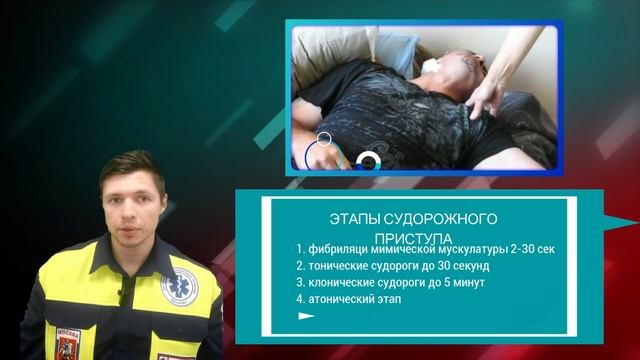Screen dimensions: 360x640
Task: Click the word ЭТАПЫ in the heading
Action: tap(350, 218)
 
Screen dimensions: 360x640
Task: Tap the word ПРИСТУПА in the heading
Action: tap(413, 238)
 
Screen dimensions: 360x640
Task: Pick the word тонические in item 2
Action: tap(342, 266)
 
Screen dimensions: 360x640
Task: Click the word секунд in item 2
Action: tap(467, 266)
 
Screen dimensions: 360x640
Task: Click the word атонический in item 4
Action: tap(344, 300)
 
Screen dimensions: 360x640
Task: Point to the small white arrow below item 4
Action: tap(306, 316)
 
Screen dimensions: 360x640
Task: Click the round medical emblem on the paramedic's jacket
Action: tap(180, 288)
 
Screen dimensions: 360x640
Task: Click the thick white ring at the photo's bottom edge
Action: tap(368, 160)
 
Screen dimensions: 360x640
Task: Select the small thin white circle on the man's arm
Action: tap(323, 139)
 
